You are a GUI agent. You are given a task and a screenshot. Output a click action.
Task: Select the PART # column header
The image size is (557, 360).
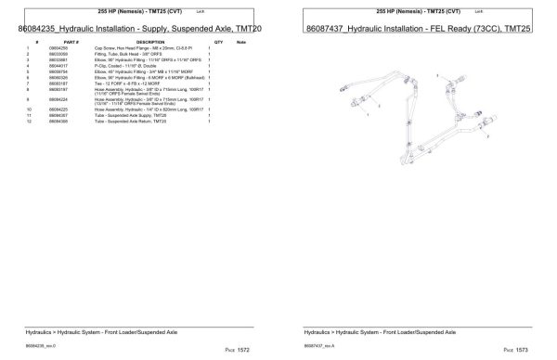[71, 43]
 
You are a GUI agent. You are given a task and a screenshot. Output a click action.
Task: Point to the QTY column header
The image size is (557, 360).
[218, 43]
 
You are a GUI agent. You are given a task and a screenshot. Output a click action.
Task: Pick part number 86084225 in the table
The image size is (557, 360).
[71, 109]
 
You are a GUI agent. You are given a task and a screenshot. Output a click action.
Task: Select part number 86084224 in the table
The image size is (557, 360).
[71, 98]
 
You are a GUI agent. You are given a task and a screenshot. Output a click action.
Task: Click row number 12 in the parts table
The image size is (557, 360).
[36, 121]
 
